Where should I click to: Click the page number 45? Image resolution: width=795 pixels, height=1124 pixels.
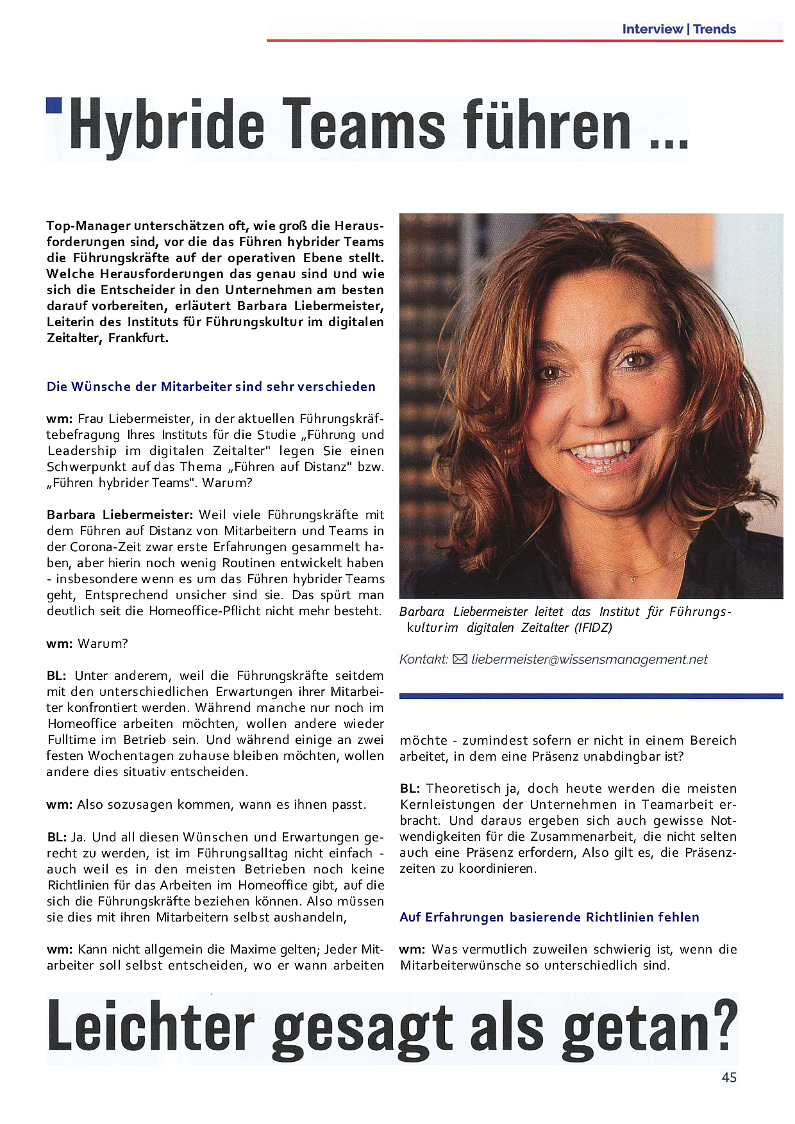pos(729,1077)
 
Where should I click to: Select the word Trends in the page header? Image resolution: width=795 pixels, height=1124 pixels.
pos(714,29)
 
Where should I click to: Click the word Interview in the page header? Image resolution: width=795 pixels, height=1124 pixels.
pos(652,29)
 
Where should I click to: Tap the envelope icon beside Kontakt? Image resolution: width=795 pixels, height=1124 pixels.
pos(460,659)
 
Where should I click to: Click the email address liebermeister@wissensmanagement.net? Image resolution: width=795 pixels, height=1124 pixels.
pos(589,659)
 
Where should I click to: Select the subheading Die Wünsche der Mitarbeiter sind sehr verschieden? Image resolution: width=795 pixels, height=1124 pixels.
pos(211,386)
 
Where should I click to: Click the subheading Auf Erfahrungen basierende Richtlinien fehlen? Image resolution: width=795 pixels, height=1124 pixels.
pos(549,917)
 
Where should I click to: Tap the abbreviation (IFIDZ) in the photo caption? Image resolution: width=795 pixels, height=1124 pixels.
pos(593,627)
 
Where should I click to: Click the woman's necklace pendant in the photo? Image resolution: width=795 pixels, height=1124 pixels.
pos(633,579)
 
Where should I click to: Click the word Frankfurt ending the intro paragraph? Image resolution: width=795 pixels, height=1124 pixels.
pos(138,338)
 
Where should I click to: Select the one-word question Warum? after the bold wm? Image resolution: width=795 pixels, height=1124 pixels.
pos(103,643)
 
